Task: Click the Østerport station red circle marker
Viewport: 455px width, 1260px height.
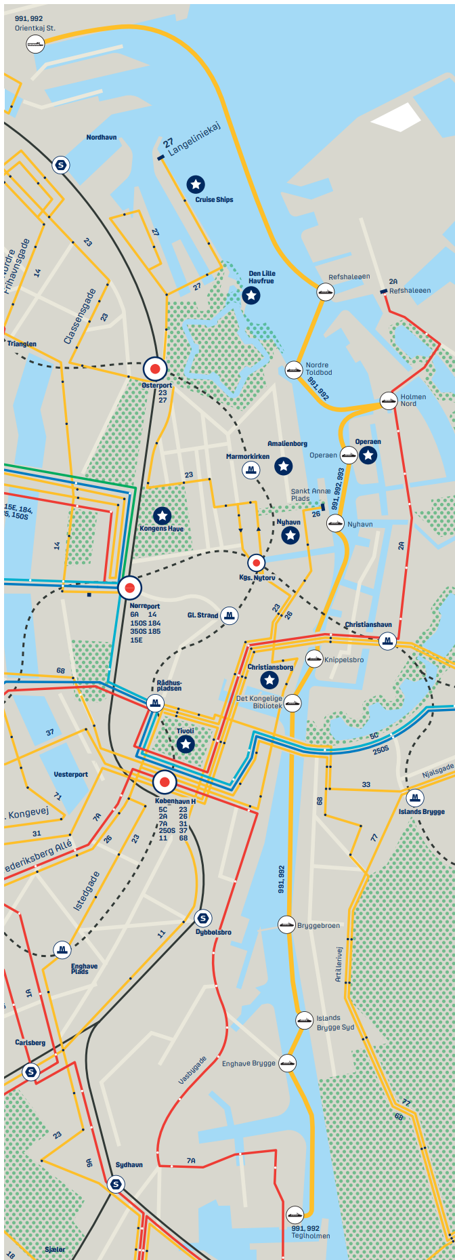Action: click(155, 369)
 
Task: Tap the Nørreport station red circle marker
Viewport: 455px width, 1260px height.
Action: click(130, 588)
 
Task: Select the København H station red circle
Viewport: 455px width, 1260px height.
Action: click(165, 782)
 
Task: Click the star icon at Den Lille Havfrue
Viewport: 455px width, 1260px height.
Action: click(251, 295)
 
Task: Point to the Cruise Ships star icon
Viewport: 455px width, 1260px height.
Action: click(196, 184)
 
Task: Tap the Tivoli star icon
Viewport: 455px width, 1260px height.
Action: click(186, 744)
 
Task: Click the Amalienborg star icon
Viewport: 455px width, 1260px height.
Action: click(284, 466)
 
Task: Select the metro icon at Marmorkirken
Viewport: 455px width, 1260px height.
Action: click(251, 470)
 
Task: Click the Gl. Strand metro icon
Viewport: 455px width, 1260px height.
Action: click(230, 615)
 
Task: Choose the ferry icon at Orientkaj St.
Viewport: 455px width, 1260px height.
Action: click(35, 44)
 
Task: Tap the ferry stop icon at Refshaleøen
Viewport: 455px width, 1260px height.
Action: click(326, 291)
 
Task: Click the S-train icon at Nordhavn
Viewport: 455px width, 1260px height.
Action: click(61, 165)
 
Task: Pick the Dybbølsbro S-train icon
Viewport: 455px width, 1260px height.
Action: click(202, 918)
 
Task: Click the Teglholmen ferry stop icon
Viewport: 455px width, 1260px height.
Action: click(295, 1215)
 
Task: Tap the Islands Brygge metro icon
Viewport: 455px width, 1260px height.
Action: click(415, 797)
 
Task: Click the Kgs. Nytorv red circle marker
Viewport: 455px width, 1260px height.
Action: click(256, 563)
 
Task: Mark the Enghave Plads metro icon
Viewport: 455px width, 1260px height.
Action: click(62, 949)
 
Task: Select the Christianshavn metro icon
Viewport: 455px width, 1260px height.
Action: click(387, 640)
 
